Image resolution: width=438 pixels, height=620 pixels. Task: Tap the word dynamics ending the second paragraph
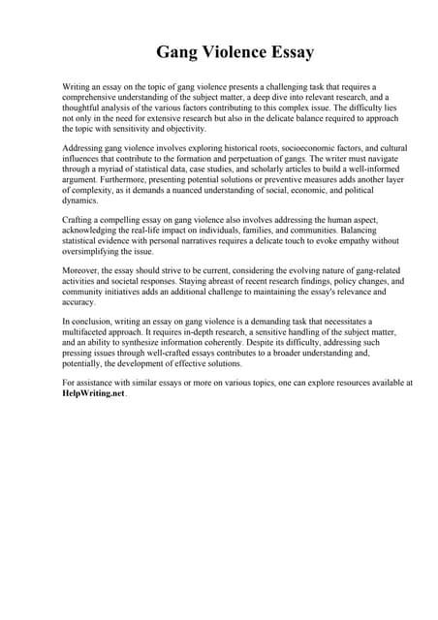point(81,201)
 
